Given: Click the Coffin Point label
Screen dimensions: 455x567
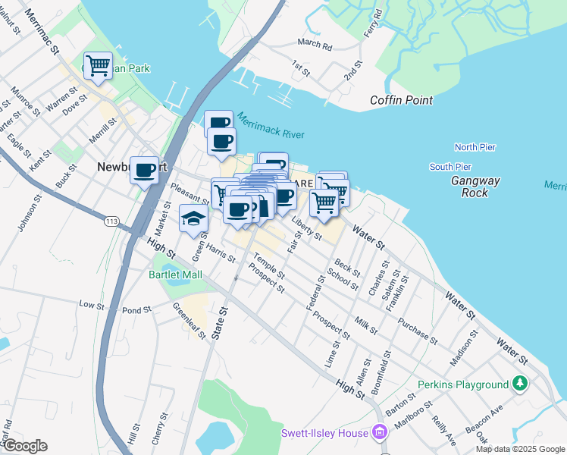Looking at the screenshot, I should tap(401, 100).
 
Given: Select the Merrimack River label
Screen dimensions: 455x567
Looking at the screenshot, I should tap(270, 126).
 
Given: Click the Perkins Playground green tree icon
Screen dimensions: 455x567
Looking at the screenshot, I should tap(519, 384).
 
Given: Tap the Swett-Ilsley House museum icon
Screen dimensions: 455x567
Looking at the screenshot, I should tap(380, 434).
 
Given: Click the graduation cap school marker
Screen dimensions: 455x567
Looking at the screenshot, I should tap(193, 218).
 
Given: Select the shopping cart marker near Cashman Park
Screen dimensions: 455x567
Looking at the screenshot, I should tap(98, 65).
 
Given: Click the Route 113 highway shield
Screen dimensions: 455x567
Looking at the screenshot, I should tap(112, 221).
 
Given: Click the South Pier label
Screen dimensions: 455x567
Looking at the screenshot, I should tap(450, 167).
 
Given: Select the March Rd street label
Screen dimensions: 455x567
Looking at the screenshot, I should tap(315, 45).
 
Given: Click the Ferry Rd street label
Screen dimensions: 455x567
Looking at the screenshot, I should tap(371, 29).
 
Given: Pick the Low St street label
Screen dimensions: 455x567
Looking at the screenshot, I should tap(91, 305).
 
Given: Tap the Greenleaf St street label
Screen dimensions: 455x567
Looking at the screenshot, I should tap(189, 321).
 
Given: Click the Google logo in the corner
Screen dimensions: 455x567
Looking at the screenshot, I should tap(24, 446).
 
